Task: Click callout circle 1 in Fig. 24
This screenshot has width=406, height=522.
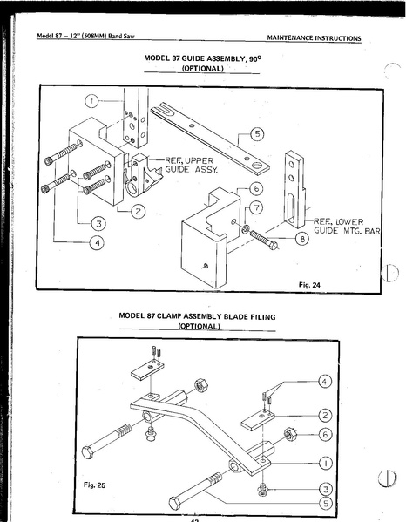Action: click(91, 101)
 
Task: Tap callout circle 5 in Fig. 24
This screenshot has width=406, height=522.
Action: click(257, 134)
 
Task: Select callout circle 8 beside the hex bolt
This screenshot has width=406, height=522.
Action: click(302, 239)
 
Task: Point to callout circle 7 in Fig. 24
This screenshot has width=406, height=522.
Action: click(256, 207)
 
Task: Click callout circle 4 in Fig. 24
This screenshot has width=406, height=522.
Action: click(98, 242)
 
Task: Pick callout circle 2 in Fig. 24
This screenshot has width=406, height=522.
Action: click(138, 211)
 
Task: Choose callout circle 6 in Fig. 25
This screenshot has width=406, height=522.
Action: click(325, 434)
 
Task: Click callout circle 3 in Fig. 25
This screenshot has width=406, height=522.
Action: click(326, 489)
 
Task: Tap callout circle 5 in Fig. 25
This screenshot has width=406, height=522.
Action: click(326, 503)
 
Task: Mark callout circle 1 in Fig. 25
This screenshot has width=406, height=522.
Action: click(326, 463)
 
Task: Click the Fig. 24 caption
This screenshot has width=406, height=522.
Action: click(309, 285)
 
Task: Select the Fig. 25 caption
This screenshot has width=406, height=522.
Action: click(94, 485)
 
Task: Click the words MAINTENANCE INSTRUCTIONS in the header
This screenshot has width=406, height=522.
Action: click(314, 38)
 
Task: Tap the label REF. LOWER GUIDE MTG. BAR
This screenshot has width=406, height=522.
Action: click(347, 227)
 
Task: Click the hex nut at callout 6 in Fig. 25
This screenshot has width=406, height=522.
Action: click(290, 434)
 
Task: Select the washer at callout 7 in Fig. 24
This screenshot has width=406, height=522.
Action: click(246, 228)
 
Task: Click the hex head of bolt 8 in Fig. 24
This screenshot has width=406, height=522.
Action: click(273, 246)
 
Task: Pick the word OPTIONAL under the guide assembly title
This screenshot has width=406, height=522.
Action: click(202, 69)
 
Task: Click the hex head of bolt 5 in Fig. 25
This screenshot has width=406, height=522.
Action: click(175, 503)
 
